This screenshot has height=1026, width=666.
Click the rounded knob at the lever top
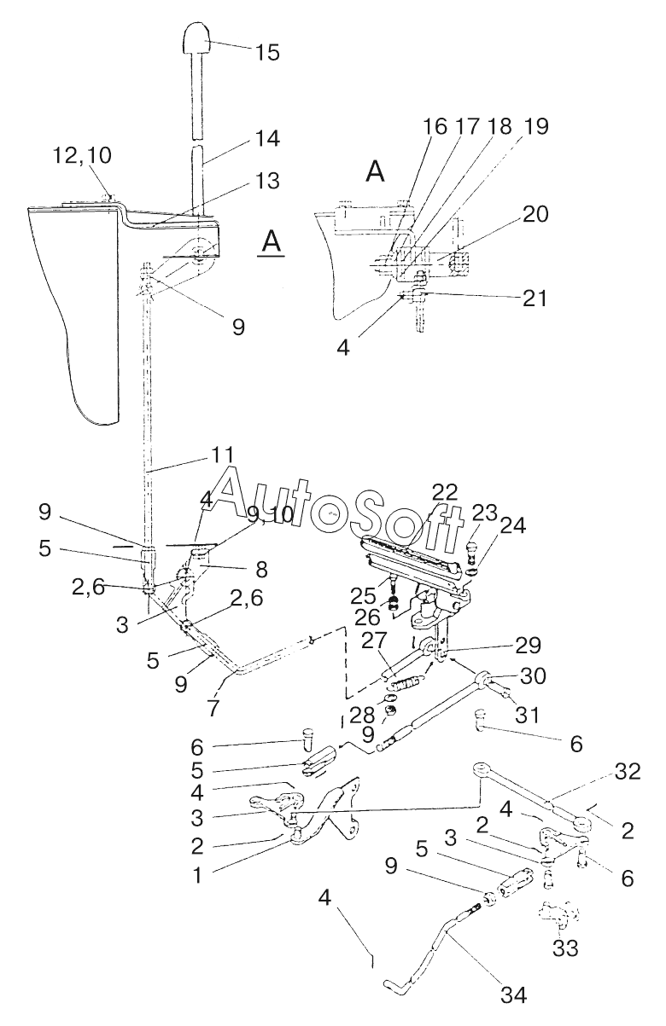point(198,38)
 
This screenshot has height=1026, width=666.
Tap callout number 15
point(266,52)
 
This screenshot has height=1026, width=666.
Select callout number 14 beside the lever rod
point(266,138)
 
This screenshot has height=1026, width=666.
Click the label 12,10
point(82,156)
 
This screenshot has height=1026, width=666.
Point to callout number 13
point(266,181)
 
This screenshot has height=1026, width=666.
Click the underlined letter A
point(272,242)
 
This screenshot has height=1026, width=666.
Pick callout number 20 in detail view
point(535,214)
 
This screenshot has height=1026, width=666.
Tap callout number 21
point(535,299)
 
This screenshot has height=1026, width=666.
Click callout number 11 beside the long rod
point(223,455)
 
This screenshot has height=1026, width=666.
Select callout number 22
point(445,492)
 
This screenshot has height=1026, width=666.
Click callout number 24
point(512,525)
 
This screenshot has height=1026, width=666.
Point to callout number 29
point(528,646)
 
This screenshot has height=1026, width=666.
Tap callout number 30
point(532,675)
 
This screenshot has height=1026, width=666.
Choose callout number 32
point(627,772)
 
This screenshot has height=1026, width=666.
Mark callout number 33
point(565,948)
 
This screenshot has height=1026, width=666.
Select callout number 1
point(197,875)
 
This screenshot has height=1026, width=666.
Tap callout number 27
point(375,641)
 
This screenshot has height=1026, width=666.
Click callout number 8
point(261,570)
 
